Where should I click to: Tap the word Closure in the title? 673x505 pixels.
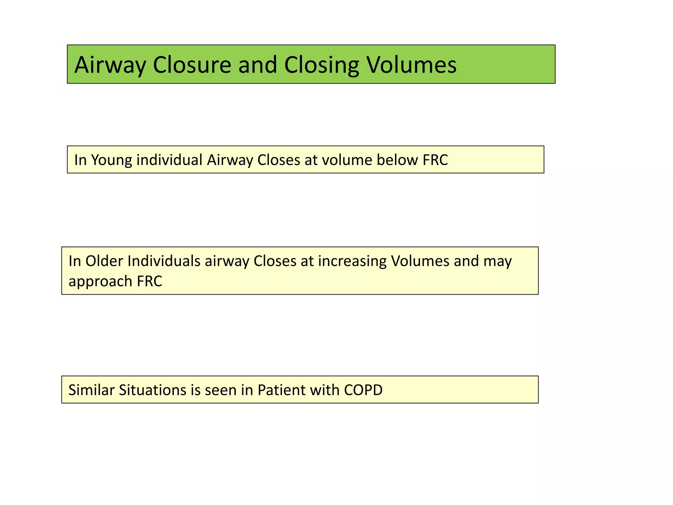pyautogui.click(x=192, y=65)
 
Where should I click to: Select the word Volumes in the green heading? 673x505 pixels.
pyautogui.click(x=411, y=65)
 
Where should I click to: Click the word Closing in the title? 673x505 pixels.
pyautogui.click(x=321, y=65)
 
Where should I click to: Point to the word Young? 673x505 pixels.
pyautogui.click(x=111, y=160)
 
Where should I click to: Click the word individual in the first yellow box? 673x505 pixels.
pyautogui.click(x=169, y=160)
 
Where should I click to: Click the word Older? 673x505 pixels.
pyautogui.click(x=104, y=261)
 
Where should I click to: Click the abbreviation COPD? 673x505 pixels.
pyautogui.click(x=363, y=390)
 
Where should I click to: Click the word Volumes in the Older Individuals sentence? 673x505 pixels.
pyautogui.click(x=420, y=261)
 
